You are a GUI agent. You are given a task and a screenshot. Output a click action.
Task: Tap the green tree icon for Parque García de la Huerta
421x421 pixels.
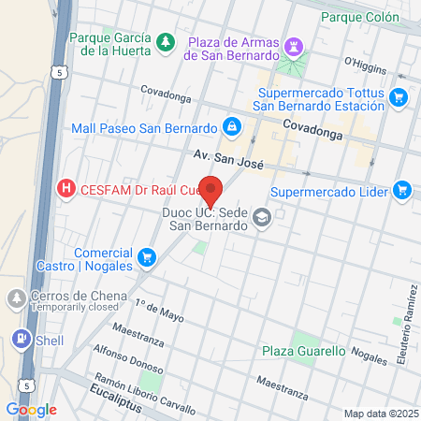[x=166, y=41]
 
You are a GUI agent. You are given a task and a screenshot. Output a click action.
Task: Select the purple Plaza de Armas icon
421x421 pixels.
[x=296, y=45]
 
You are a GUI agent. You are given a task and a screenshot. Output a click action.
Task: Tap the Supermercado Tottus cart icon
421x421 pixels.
[x=399, y=95]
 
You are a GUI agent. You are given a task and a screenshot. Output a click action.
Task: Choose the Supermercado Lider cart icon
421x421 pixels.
[x=402, y=191]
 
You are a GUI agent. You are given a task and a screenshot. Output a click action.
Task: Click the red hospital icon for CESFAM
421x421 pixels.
[x=66, y=188]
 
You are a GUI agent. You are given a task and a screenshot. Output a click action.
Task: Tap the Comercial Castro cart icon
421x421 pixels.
[x=146, y=256]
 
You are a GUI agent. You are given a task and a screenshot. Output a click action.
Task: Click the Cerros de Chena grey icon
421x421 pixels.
[x=17, y=299]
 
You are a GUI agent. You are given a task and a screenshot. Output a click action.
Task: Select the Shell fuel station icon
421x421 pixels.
[x=20, y=340]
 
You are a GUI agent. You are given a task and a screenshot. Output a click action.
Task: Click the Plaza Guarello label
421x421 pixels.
[x=303, y=352]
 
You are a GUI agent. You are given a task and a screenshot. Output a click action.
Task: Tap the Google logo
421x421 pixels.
[x=32, y=409]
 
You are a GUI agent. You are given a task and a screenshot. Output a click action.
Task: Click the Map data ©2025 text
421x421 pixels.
[x=380, y=414]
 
